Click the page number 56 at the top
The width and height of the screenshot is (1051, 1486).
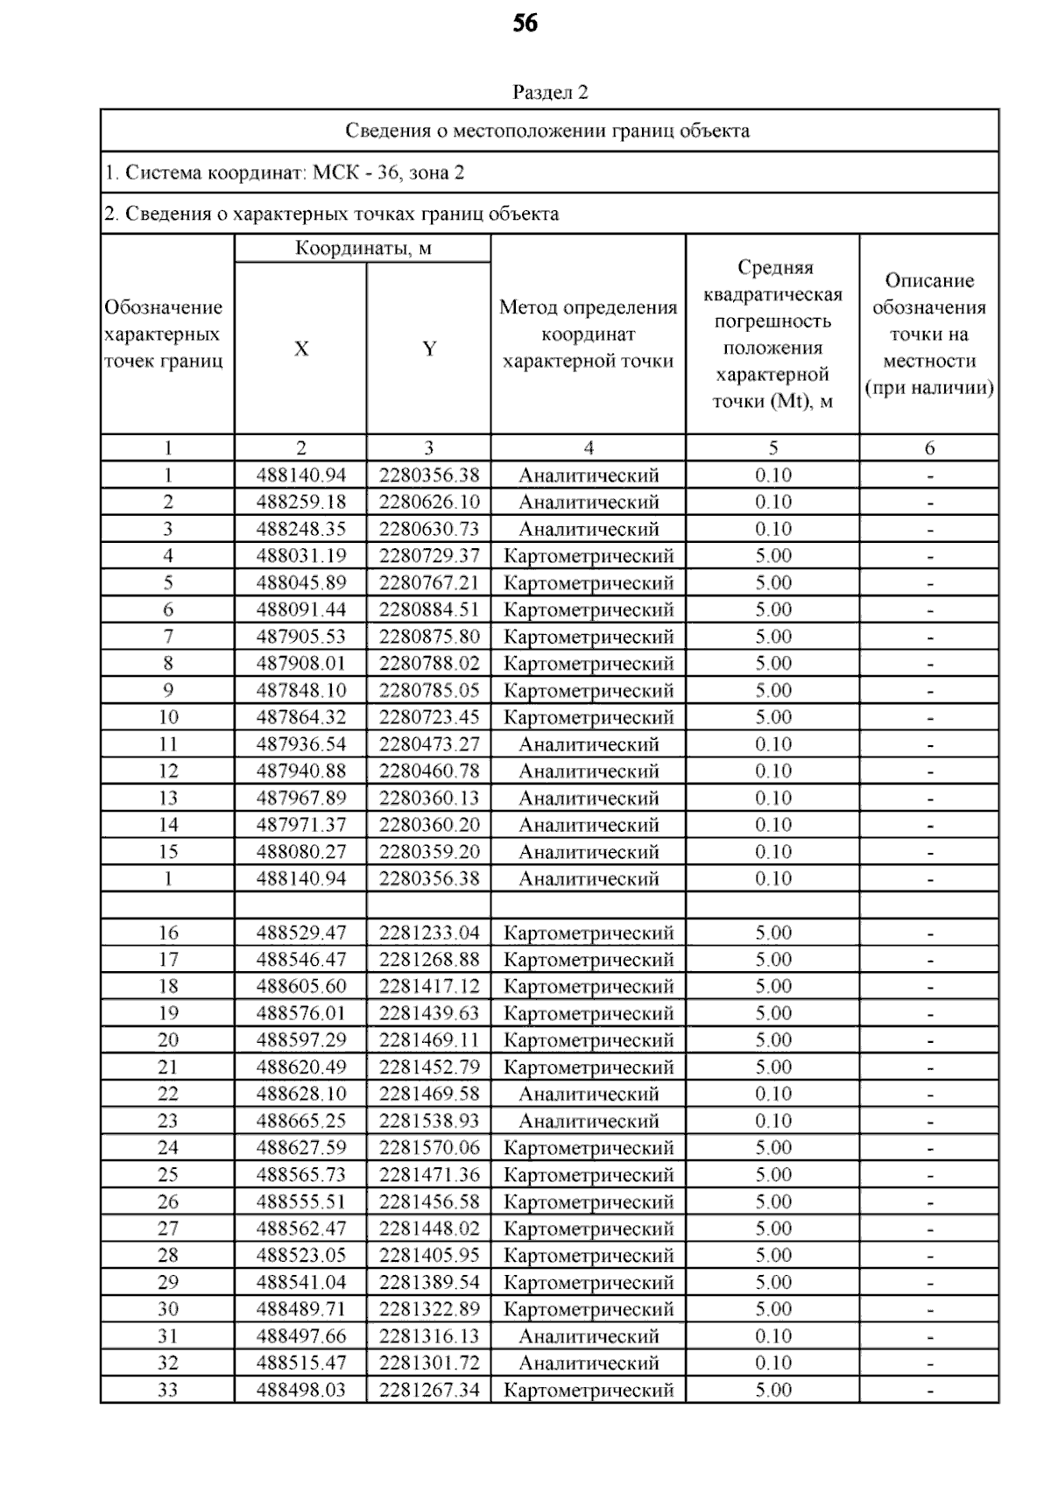[525, 24]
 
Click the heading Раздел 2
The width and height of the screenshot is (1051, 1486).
[550, 92]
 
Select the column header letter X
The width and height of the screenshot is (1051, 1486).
[300, 349]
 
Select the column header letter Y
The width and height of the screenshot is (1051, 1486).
[428, 349]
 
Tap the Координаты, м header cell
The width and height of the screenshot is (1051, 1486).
[363, 249]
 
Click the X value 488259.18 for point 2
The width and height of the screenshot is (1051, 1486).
[300, 502]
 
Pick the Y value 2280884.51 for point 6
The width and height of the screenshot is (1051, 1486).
[429, 609]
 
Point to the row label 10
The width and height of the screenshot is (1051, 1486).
[167, 717]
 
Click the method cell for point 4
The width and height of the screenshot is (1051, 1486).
[589, 556]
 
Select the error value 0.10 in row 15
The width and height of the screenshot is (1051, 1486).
[772, 851]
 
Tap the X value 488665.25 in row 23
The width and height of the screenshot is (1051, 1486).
[300, 1121]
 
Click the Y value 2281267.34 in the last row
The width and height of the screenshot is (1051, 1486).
[429, 1390]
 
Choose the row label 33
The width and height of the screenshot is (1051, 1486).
[167, 1390]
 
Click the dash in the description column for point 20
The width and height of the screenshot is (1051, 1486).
[929, 1041]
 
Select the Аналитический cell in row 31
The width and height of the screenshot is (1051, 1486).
[589, 1336]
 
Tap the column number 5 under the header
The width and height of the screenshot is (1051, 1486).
[772, 448]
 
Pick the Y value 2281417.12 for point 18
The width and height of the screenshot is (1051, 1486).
[429, 986]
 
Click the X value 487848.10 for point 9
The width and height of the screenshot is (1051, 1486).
[300, 690]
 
